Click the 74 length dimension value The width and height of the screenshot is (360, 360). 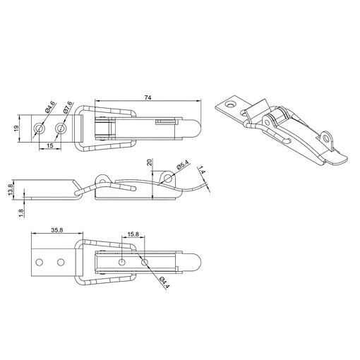[x=148, y=97]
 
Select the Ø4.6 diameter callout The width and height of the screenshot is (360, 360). [x=50, y=107]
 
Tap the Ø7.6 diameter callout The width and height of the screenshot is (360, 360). [x=68, y=107]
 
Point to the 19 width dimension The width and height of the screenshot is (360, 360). [x=16, y=128]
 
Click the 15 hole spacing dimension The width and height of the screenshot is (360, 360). [x=50, y=145]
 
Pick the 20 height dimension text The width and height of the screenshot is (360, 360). [x=150, y=162]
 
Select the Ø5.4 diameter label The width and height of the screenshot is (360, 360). [x=183, y=164]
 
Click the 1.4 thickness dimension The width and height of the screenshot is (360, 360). [x=202, y=170]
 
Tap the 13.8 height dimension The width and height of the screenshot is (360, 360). [x=11, y=189]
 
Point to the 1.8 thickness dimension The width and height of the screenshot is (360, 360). [x=21, y=213]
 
